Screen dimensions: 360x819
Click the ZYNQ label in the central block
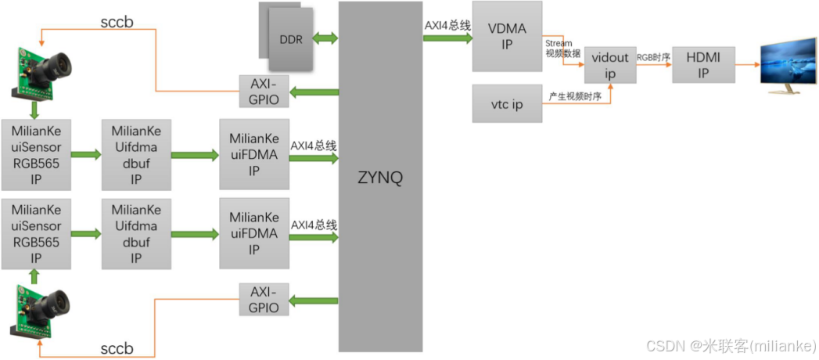point(380,178)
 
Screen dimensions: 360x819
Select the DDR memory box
point(290,39)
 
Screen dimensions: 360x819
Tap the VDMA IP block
point(507,37)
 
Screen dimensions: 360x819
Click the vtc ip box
point(507,104)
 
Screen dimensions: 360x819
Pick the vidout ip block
point(610,64)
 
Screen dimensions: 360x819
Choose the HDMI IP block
point(703,64)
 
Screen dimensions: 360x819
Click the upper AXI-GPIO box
point(264,92)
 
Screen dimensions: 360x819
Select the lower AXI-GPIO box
point(264,299)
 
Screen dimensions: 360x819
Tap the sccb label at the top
point(117,21)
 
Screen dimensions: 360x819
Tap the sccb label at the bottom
point(117,347)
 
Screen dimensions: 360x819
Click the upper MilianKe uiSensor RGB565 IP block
point(36,155)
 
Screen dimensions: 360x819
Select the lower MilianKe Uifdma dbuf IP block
point(136,233)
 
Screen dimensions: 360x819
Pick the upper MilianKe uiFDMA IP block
point(253,155)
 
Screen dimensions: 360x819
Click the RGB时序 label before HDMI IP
point(653,57)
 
